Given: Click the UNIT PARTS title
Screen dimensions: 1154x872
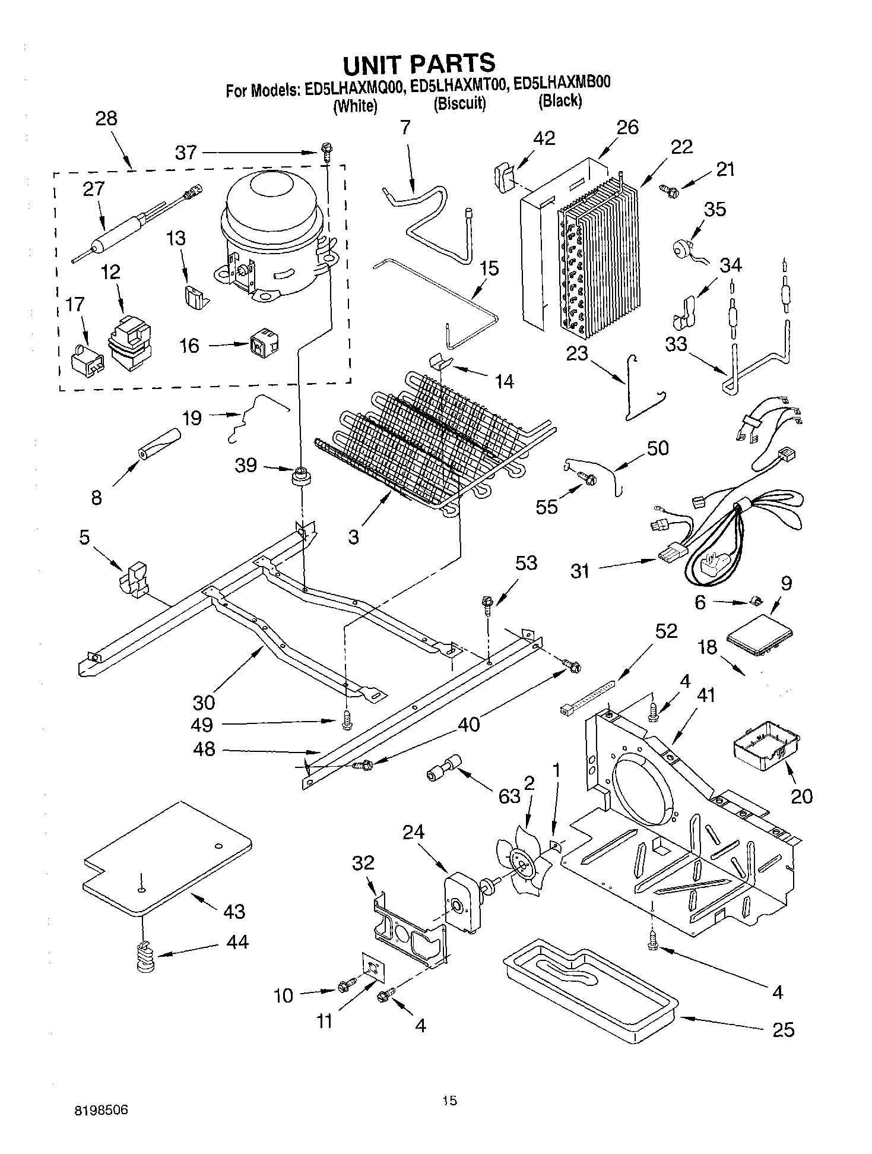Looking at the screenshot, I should tap(418, 62).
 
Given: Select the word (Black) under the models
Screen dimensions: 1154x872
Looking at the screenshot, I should tap(560, 101).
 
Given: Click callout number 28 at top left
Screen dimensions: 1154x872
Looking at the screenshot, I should tap(106, 118).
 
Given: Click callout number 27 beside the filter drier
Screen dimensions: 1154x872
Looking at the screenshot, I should tap(94, 189).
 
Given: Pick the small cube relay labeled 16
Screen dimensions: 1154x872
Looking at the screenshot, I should tap(262, 343).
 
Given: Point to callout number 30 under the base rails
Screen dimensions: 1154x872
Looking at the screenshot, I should tap(204, 703).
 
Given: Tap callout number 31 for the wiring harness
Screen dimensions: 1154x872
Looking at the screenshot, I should tap(579, 571).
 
